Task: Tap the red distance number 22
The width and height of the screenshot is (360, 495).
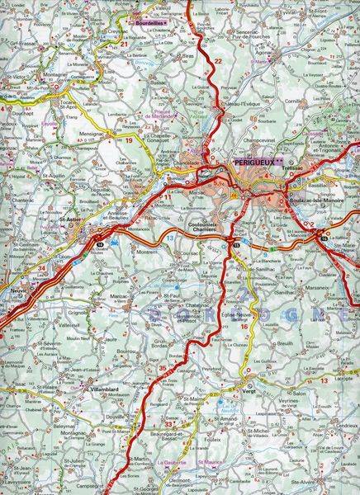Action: (x=219, y=60)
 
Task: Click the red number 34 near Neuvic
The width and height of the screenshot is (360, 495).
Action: (x=42, y=266)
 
